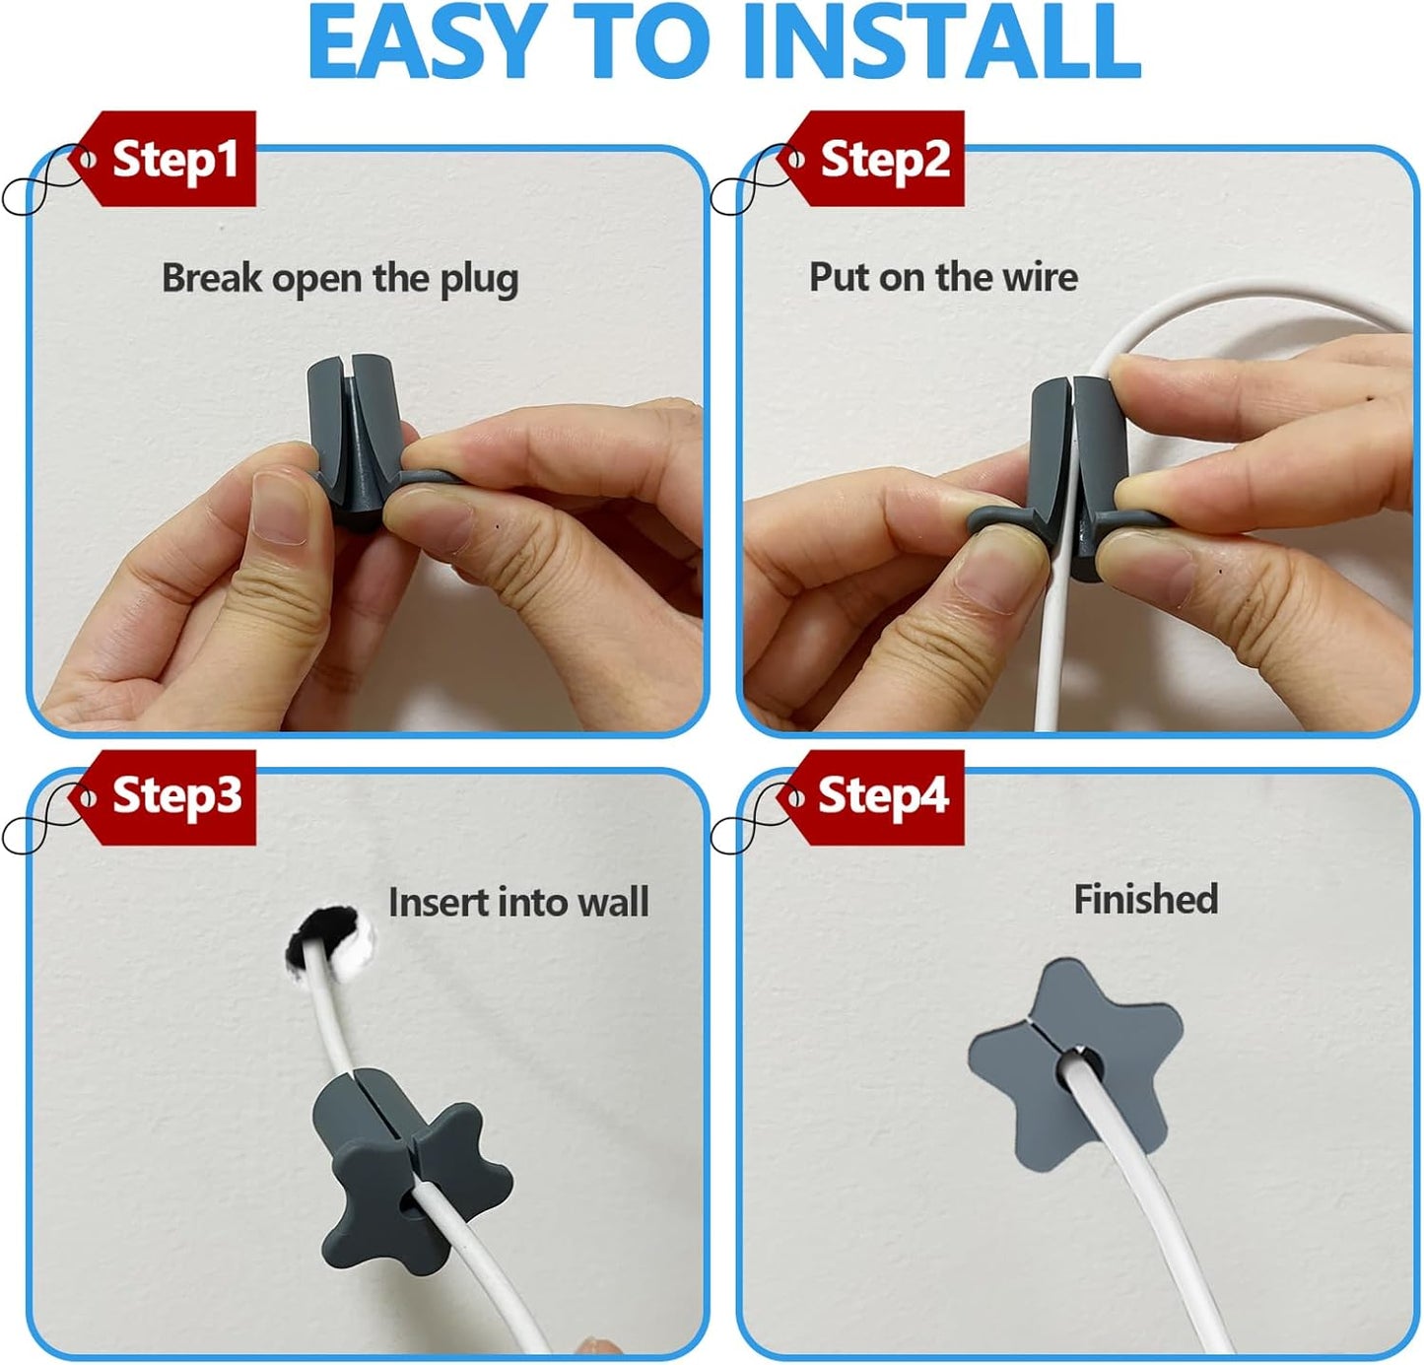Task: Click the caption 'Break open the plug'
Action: coord(340,279)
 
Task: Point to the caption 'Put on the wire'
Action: coord(943,277)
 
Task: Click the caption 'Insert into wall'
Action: coord(518,903)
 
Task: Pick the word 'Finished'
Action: coord(1145,899)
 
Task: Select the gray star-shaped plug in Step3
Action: coord(404,1173)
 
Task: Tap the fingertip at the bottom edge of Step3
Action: coord(591,1346)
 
